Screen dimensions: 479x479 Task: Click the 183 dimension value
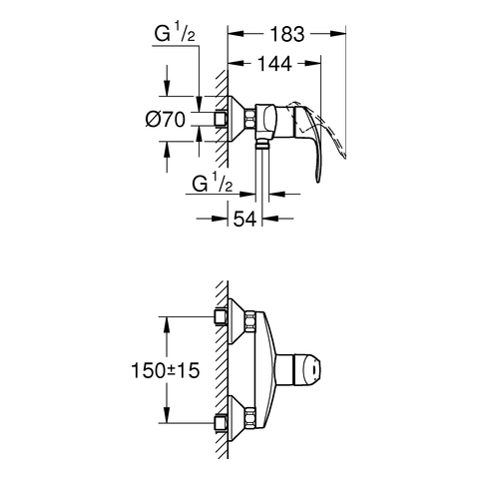(x=287, y=34)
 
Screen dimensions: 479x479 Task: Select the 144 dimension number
(x=274, y=64)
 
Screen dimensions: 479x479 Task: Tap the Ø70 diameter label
(x=166, y=119)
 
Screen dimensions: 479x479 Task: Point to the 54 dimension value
(x=245, y=219)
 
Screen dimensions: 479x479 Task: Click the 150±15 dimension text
(x=166, y=370)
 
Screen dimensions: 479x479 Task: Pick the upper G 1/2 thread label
(x=175, y=34)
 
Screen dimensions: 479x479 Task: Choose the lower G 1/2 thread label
(x=213, y=184)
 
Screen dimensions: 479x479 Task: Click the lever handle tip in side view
(x=317, y=178)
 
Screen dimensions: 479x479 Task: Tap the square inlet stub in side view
(x=221, y=119)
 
